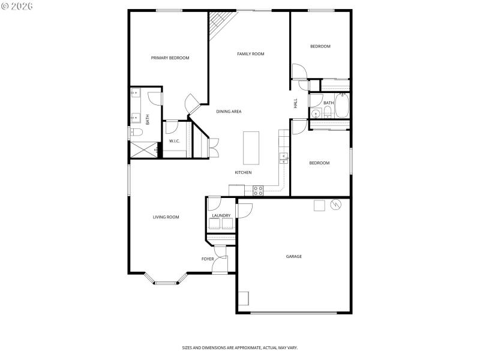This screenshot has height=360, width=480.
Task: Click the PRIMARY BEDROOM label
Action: pos(170,58)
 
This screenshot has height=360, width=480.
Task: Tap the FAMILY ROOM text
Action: pos(250,54)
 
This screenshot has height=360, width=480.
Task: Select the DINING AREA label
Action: pos(229,112)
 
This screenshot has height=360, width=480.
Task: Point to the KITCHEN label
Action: pos(243,173)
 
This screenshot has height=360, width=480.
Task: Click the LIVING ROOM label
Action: pos(166,217)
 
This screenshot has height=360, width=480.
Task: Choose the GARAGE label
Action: pos(293,256)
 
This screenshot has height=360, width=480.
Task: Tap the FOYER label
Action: pos(208,259)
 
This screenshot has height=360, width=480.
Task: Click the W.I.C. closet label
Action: pos(175,141)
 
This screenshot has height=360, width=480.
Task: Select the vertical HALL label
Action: pos(296,103)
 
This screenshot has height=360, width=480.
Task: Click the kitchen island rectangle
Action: pos(251,148)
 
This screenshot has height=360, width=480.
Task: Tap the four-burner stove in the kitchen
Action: pos(258,191)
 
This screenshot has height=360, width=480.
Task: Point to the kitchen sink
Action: pos(283,158)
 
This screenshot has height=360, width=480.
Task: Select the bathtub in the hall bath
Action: pos(343,107)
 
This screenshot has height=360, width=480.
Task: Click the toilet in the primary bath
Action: pos(136,133)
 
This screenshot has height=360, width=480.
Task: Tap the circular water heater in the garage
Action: pos(335,205)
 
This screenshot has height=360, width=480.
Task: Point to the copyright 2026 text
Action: pos(17,6)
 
